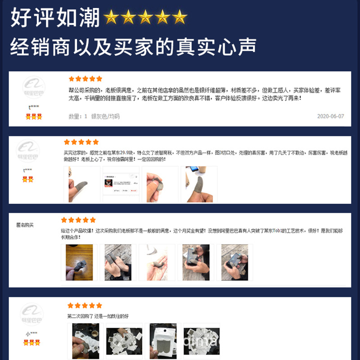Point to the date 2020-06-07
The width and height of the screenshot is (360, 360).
[330, 116]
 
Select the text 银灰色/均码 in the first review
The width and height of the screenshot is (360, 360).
[105, 116]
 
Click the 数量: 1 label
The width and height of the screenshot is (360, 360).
[78, 116]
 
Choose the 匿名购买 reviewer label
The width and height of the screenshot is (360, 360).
[25, 225]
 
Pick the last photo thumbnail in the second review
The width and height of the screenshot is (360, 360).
[199, 184]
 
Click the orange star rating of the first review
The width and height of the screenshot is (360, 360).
[85, 79]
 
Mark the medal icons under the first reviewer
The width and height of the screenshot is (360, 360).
[34, 117]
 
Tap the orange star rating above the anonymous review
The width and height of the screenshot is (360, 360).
[78, 220]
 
